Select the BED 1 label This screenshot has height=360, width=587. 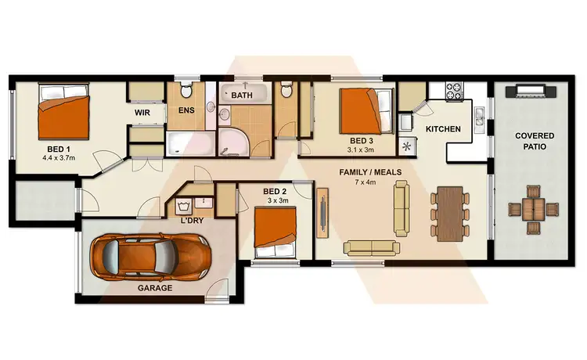pyautogui.click(x=58, y=149)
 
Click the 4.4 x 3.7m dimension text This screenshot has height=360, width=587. pyautogui.click(x=59, y=158)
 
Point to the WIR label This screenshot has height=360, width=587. pyautogui.click(x=142, y=113)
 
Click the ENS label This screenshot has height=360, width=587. pyautogui.click(x=186, y=110)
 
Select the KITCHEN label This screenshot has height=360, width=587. pyautogui.click(x=443, y=128)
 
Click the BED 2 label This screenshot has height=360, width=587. pyautogui.click(x=275, y=191)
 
